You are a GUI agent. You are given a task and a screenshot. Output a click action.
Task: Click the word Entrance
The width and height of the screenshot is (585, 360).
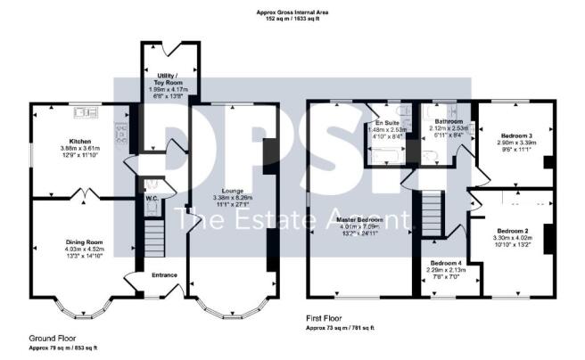(x=164, y=274)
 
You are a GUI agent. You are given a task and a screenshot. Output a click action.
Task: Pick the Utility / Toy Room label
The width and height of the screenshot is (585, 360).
(x=167, y=78)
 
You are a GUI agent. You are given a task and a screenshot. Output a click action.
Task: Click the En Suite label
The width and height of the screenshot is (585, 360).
(x=386, y=123)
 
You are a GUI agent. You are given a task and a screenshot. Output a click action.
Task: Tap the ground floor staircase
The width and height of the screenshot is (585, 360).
(x=154, y=238)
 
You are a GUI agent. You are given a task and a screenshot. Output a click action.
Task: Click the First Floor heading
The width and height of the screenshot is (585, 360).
(x=328, y=321)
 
